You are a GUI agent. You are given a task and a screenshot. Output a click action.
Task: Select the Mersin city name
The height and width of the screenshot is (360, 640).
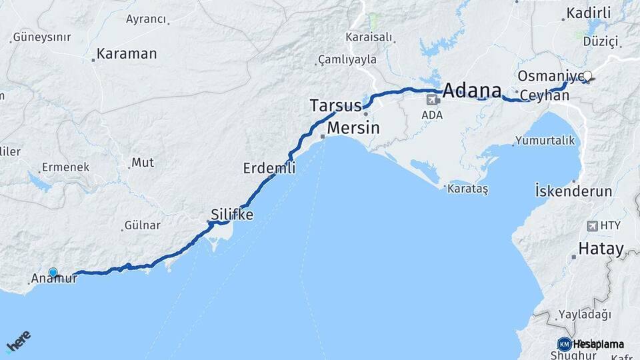click(354, 127)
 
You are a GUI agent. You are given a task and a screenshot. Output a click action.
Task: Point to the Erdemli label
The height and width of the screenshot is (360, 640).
click(269, 169)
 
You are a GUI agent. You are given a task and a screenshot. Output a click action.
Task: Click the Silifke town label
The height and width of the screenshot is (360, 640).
click(231, 215)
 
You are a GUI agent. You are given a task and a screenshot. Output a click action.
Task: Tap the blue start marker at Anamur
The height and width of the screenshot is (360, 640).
click(53, 272)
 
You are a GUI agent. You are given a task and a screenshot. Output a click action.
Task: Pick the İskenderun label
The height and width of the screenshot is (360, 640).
click(573, 191)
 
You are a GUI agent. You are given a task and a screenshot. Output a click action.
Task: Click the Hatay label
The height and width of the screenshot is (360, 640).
click(601, 249)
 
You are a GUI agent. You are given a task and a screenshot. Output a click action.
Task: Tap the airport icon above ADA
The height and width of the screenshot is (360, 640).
click(432, 99)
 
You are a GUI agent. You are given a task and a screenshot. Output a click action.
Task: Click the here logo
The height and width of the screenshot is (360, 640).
click(18, 341)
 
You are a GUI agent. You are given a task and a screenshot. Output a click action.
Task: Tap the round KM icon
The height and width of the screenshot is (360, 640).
click(564, 344)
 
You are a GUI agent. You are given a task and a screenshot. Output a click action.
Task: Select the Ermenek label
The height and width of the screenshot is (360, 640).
click(65, 167)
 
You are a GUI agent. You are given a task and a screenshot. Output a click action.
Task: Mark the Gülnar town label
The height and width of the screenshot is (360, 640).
click(142, 226)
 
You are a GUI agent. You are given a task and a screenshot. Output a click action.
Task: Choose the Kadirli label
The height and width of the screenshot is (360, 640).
click(588, 13)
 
